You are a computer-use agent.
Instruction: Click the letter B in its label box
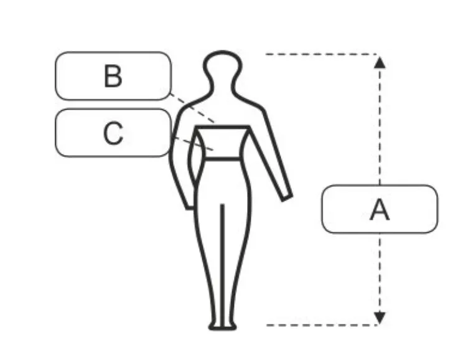click(113, 76)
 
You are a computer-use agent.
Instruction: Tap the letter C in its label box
click(113, 133)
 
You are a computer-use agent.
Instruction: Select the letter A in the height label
click(380, 209)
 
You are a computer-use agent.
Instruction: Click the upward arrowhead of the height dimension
click(380, 62)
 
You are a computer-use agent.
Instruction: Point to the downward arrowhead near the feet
click(380, 318)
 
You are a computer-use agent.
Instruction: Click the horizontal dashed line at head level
click(321, 54)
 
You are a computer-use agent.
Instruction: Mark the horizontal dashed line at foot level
click(321, 325)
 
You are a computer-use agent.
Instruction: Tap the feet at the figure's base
click(223, 327)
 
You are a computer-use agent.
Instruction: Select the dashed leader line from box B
click(192, 108)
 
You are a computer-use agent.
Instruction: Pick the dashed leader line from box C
click(192, 144)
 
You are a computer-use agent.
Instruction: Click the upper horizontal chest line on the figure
click(223, 127)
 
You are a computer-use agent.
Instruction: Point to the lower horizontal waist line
click(222, 158)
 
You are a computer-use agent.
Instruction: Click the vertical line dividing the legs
click(222, 265)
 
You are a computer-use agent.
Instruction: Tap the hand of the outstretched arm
click(287, 197)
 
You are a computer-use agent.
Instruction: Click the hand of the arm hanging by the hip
click(190, 206)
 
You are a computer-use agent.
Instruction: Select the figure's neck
click(223, 85)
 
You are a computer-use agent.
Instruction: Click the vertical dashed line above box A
click(380, 126)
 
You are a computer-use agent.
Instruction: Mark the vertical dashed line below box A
click(380, 272)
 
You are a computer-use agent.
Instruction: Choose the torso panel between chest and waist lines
click(222, 143)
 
